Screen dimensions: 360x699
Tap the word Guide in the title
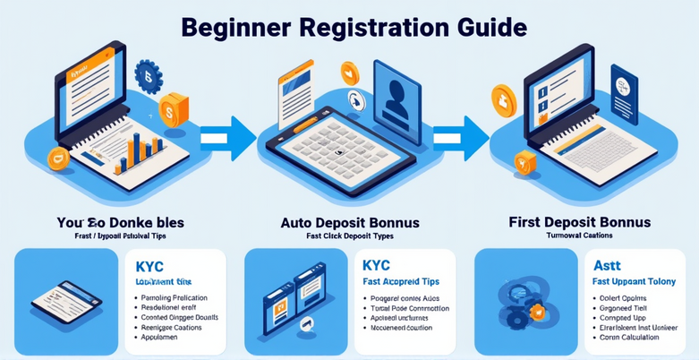pyautogui.click(x=485, y=26)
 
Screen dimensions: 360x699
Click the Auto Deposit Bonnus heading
pyautogui.click(x=349, y=221)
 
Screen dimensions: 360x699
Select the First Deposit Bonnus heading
pyautogui.click(x=579, y=221)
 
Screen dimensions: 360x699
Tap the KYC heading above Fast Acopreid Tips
pyautogui.click(x=377, y=266)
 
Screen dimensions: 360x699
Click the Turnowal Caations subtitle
pyautogui.click(x=580, y=236)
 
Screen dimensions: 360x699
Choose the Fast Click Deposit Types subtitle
pyautogui.click(x=349, y=236)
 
